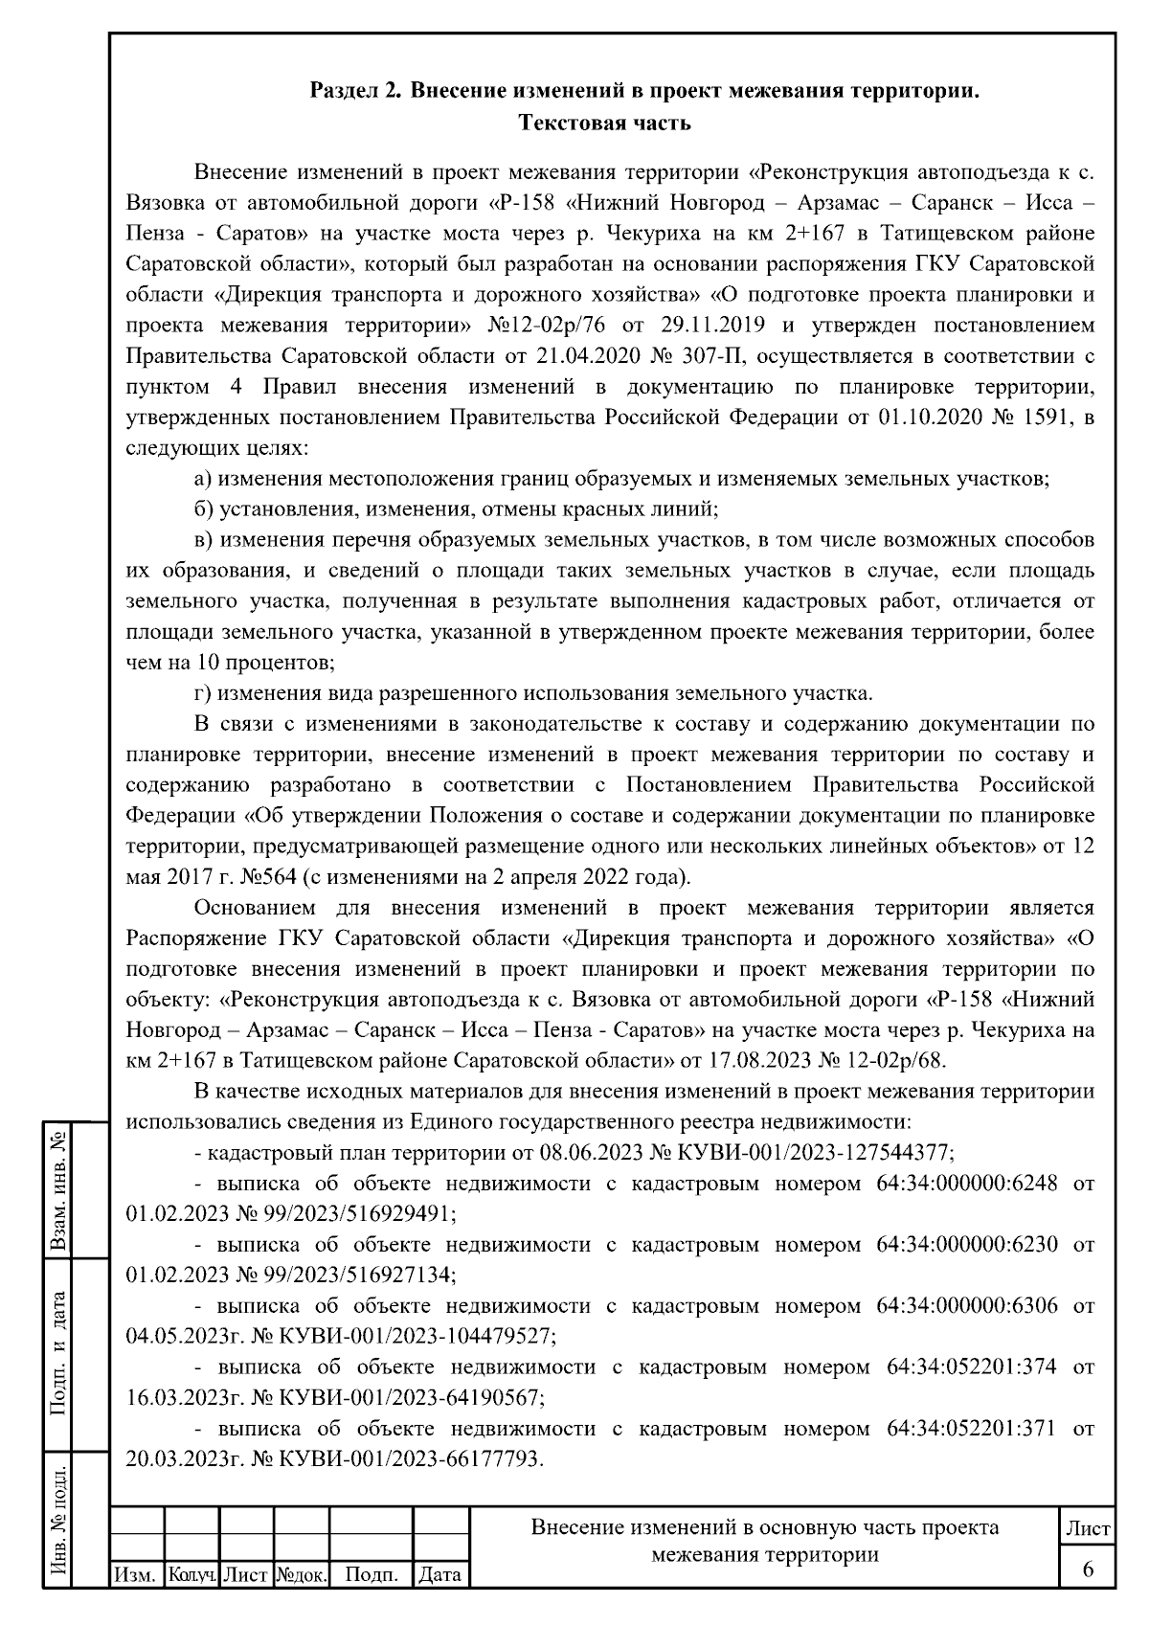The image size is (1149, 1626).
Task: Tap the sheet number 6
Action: (x=1088, y=1569)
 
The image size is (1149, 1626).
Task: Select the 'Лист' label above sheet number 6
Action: (x=1088, y=1528)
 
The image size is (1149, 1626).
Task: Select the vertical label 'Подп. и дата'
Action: (x=59, y=1353)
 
